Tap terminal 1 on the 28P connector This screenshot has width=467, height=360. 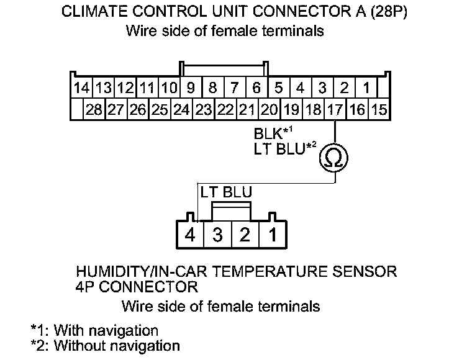click(x=366, y=88)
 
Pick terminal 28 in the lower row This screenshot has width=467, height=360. click(x=94, y=110)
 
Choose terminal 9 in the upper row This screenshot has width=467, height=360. click(x=191, y=88)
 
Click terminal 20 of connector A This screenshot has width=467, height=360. click(x=270, y=110)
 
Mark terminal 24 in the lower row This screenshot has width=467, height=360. click(x=181, y=110)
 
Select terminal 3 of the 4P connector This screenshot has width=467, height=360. click(x=217, y=235)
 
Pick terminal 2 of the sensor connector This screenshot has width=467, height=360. click(x=245, y=235)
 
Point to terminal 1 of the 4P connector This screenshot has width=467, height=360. click(x=272, y=235)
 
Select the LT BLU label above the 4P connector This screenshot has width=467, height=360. click(x=226, y=193)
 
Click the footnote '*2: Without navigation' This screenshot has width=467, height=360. click(x=106, y=345)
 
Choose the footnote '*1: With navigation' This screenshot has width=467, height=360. click(x=94, y=330)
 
